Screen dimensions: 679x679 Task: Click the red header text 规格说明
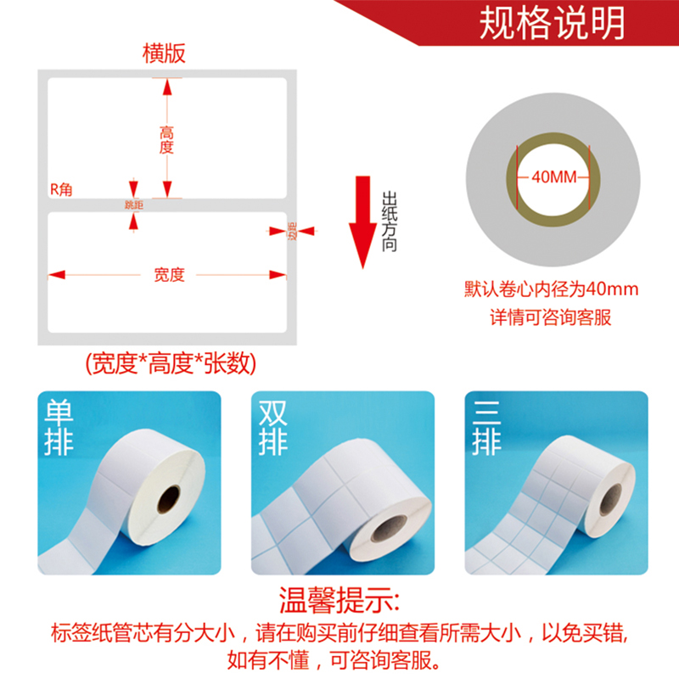[552, 23]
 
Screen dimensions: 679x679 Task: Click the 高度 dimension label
[166, 139]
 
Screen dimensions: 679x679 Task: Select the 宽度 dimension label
[169, 274]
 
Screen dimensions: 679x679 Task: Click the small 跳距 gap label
[133, 205]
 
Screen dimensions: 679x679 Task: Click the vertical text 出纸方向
[390, 220]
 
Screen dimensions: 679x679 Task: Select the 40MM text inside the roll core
[553, 177]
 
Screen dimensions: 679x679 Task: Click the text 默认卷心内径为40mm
[551, 289]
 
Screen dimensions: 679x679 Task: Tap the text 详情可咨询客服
[551, 318]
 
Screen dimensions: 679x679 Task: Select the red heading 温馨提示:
[339, 603]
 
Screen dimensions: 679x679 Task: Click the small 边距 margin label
[291, 231]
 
